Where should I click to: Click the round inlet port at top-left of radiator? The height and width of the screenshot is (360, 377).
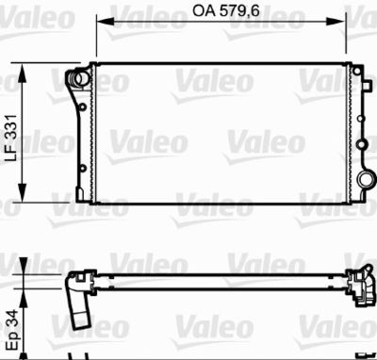click(x=74, y=79)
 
